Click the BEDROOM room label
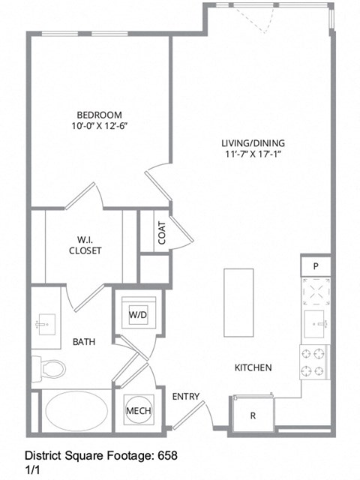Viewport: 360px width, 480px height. tap(98, 114)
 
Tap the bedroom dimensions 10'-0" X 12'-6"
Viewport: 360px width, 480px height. tap(98, 126)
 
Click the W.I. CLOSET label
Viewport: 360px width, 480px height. tap(85, 245)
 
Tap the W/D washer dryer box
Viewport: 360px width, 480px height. tap(138, 316)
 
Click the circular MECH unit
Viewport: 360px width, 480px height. tap(139, 410)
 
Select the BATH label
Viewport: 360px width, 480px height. tap(83, 342)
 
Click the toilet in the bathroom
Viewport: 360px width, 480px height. tap(50, 368)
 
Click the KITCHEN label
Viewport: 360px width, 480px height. tap(253, 368)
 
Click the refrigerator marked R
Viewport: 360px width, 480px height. tap(253, 414)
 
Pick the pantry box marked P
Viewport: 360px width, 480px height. tap(316, 266)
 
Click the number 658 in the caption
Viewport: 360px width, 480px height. tap(167, 455)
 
